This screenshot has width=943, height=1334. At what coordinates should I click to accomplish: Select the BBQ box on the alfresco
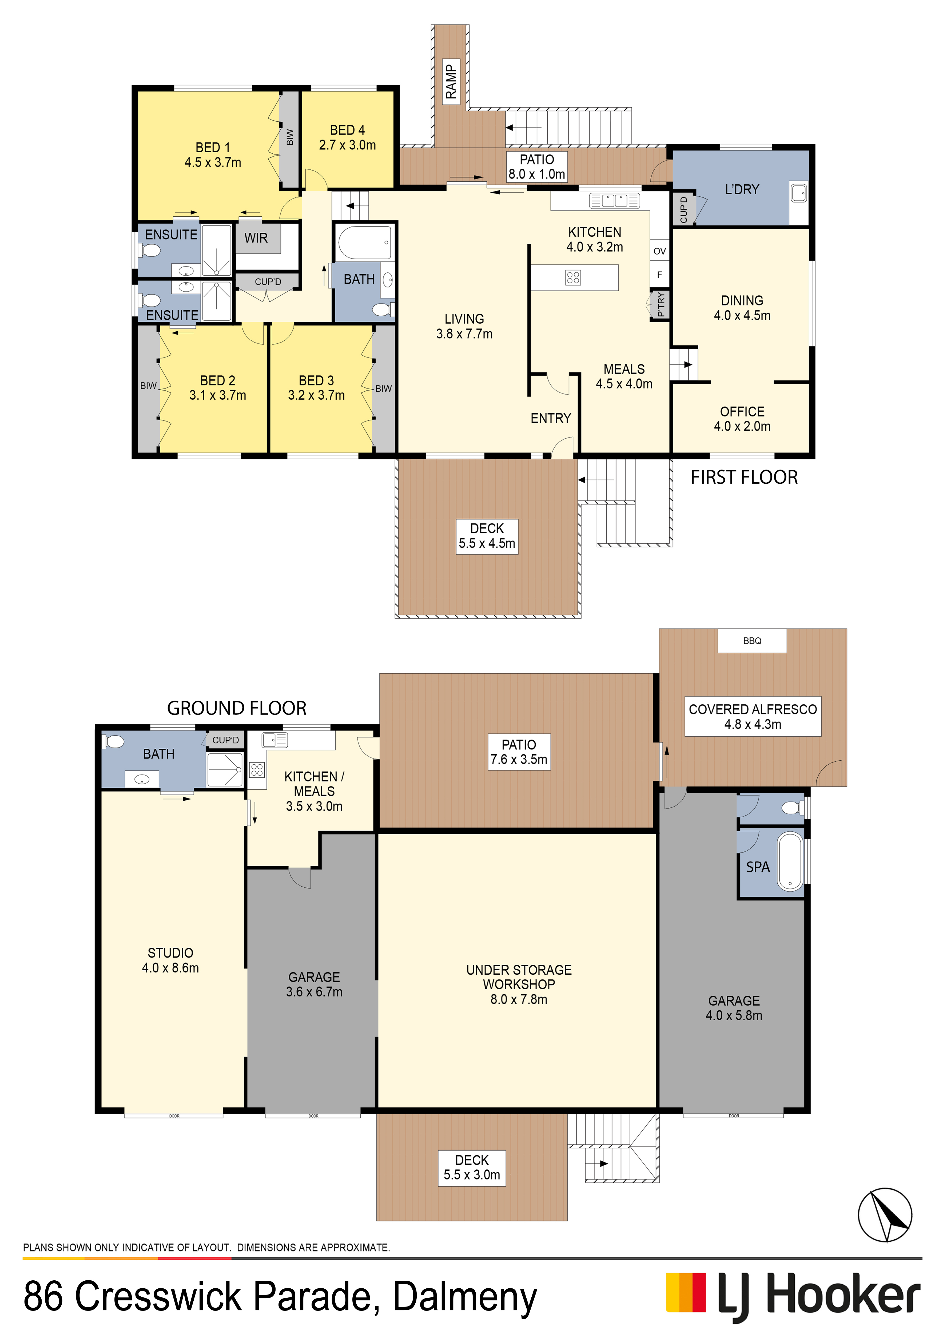pos(752,641)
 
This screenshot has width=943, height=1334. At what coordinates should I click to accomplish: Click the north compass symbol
pos(885,1215)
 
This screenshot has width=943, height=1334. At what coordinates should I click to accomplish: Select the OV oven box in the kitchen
pos(659,251)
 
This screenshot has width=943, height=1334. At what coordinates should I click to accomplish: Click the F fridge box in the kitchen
pos(659,275)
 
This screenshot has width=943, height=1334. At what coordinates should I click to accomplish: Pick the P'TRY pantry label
pos(661,304)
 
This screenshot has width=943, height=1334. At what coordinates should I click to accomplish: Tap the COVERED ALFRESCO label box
pos(753,716)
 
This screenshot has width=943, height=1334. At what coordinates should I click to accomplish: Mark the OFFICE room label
pos(742,411)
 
